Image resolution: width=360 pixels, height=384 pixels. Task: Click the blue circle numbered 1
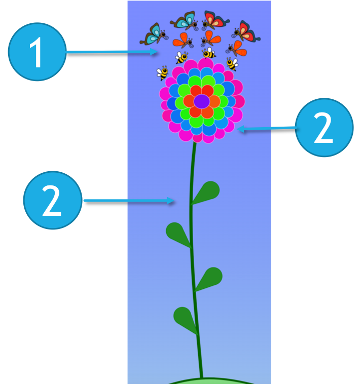tap(37, 52)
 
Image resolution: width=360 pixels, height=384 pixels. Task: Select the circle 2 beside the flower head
tap(324, 127)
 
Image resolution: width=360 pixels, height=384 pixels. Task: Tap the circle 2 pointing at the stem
tap(53, 200)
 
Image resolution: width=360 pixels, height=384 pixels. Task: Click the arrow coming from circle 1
tap(112, 52)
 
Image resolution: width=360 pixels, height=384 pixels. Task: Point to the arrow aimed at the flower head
tap(266, 129)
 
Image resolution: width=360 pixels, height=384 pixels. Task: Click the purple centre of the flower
tap(201, 101)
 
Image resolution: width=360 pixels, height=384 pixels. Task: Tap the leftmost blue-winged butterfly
tap(152, 34)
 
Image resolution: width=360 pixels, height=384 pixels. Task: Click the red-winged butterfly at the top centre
tap(215, 20)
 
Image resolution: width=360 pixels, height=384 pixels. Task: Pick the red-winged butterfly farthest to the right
tap(247, 31)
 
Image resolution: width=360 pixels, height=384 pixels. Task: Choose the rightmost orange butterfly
tap(237, 49)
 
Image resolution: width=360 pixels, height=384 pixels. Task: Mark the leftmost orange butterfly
tap(183, 40)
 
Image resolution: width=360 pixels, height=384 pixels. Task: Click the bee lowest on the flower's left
tap(163, 73)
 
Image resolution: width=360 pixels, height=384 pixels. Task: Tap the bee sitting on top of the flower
tap(208, 53)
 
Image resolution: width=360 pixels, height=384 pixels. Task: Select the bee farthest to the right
tap(232, 64)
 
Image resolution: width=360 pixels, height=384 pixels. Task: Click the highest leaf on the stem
tap(207, 192)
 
